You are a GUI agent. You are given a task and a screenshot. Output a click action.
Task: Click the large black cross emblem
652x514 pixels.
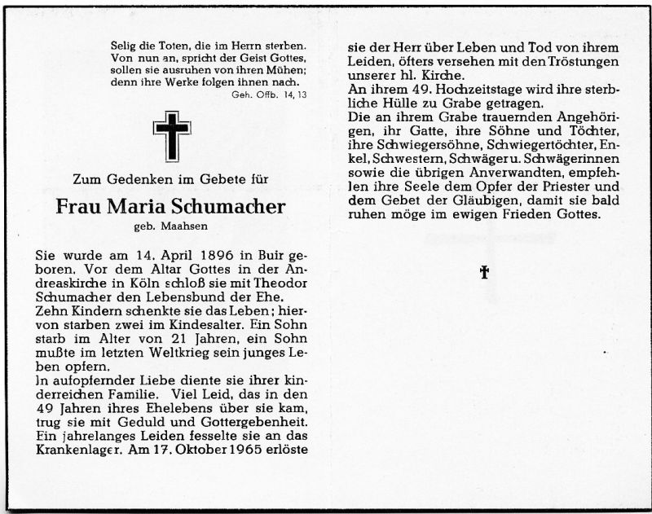pyautogui.click(x=171, y=136)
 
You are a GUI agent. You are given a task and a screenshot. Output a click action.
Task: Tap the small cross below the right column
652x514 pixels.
pyautogui.click(x=484, y=272)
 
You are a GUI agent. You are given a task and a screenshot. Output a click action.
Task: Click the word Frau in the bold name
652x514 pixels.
pyautogui.click(x=78, y=207)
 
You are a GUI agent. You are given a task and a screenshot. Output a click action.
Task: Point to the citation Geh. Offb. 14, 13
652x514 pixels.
pyautogui.click(x=266, y=95)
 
